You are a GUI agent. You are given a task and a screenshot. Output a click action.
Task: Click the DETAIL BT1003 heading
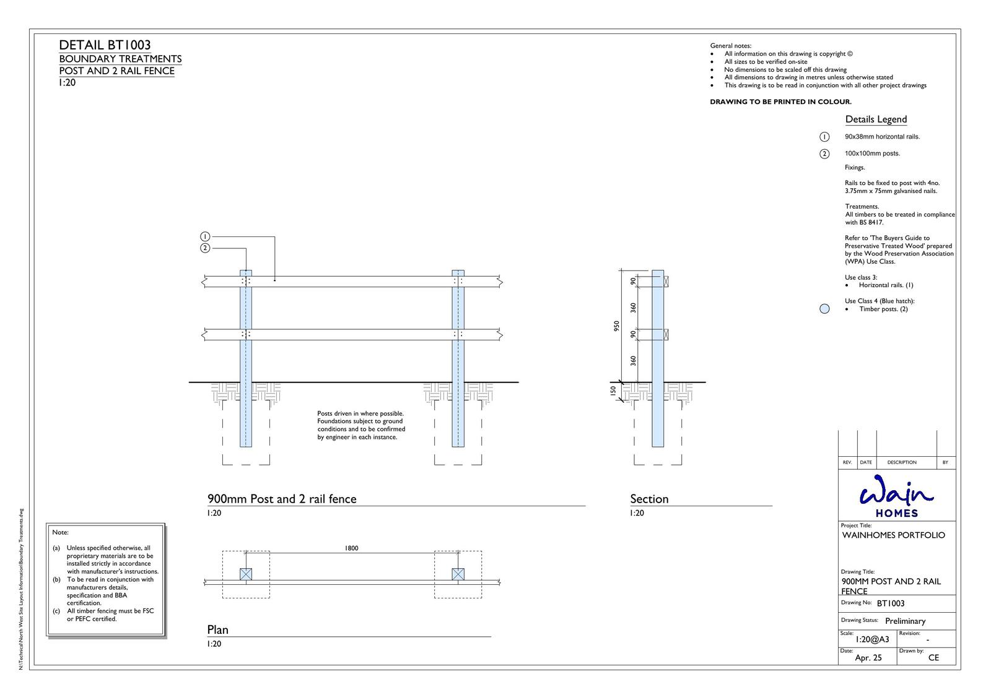coord(105,45)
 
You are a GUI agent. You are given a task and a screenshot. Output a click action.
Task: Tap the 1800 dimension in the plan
coord(351,548)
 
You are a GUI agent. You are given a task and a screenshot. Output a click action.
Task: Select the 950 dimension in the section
coord(616,326)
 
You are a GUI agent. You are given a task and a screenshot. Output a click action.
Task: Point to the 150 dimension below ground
coord(613,391)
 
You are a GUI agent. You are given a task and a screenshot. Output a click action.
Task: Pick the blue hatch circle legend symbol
coord(824,309)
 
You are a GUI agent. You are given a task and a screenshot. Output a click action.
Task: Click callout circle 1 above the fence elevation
coord(205,236)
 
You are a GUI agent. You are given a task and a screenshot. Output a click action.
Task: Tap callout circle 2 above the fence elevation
coord(205,248)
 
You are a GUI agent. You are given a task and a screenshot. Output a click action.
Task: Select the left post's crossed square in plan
coord(246,574)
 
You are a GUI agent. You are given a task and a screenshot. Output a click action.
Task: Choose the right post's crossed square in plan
coord(458,574)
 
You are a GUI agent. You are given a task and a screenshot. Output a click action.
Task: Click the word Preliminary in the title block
coord(905,621)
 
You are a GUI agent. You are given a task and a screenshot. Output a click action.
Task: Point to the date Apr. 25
coord(868,658)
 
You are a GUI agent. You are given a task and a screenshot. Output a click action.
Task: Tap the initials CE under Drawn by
coord(933,658)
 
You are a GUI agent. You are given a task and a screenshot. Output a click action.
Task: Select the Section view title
coord(649,499)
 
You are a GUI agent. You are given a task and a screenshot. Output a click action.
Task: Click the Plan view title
coord(217,629)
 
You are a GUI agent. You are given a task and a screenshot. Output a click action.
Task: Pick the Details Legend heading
coord(876,119)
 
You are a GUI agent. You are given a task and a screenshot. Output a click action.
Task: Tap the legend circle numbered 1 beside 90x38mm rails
coord(824,137)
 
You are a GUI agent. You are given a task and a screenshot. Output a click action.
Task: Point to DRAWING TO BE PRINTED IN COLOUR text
coord(780,102)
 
